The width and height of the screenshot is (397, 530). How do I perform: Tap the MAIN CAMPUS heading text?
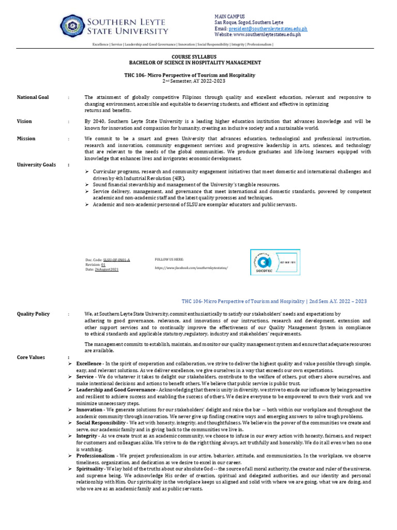(230, 17)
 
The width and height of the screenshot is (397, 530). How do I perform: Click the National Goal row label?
(33, 97)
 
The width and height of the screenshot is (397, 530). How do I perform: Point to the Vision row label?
(24, 122)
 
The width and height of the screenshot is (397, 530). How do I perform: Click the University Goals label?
(36, 165)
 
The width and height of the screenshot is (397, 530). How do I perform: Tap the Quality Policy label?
(34, 314)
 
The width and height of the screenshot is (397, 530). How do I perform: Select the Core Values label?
(31, 357)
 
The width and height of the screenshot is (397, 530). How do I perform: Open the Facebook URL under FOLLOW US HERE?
(191, 268)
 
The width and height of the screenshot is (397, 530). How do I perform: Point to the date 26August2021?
(107, 269)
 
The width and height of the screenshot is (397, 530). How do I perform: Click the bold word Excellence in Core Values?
(88, 364)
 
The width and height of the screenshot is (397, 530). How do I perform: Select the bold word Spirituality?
(89, 469)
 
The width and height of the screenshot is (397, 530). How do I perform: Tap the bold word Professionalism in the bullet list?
(96, 455)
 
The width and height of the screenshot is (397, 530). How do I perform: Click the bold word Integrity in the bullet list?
(87, 436)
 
